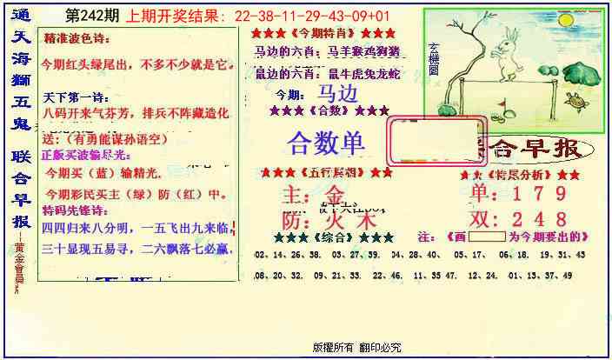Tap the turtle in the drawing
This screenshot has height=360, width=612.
tap(575, 104)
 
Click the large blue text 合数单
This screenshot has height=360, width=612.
tap(326, 141)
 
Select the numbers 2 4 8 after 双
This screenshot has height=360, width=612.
tap(540, 218)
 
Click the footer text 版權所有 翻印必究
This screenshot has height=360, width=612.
tap(357, 346)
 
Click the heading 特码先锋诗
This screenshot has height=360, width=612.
tap(75, 210)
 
